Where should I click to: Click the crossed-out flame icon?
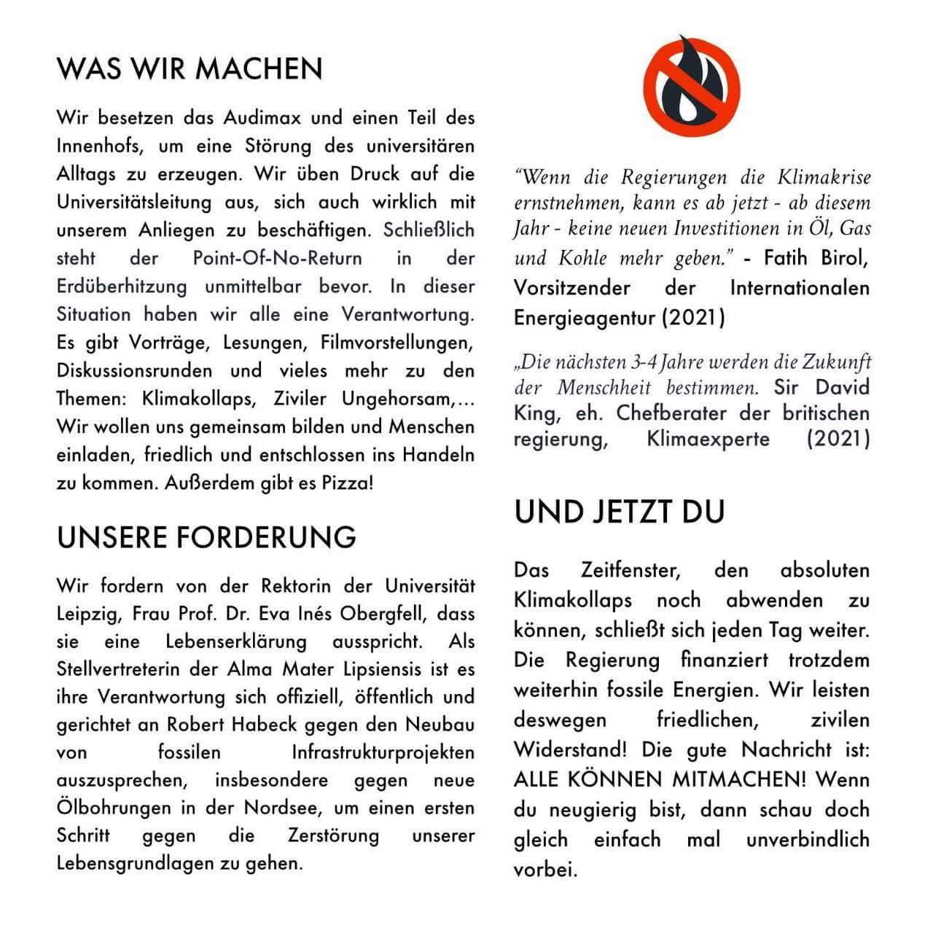click(691, 86)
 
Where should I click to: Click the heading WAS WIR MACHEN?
click(190, 69)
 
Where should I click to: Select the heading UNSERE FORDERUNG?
click(206, 537)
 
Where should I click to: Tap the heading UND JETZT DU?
click(620, 512)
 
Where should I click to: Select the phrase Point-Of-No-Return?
click(277, 258)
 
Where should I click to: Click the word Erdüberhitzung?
click(122, 286)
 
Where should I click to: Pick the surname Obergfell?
click(380, 614)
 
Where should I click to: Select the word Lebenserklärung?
click(236, 641)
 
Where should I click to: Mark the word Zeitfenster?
click(631, 569)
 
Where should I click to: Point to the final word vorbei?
click(545, 870)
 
